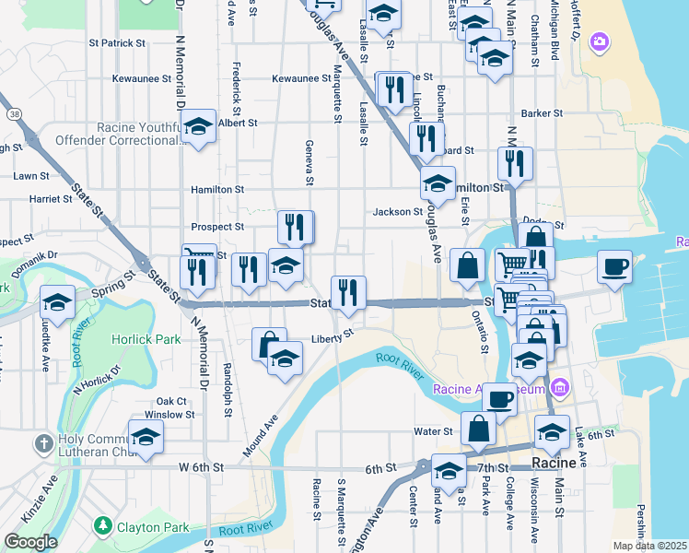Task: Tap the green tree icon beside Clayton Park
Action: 103,527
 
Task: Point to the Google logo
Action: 30,542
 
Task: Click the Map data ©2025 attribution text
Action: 649,546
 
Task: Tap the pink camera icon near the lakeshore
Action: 600,41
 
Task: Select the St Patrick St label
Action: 117,42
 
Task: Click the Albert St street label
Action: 238,122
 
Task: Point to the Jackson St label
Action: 397,212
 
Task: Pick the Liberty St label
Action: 332,337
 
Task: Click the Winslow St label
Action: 175,415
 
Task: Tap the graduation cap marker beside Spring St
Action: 58,300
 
